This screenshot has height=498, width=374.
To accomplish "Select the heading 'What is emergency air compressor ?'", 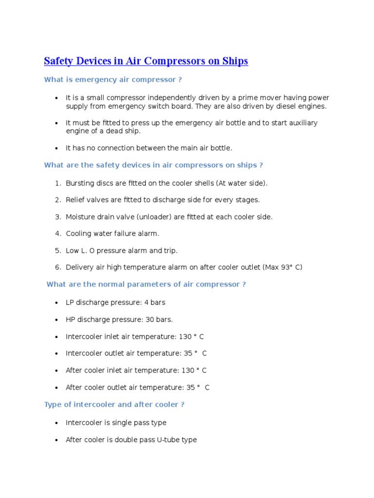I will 113,79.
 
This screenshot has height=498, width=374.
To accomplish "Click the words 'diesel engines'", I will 304,106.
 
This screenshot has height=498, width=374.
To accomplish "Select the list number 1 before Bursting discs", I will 57,183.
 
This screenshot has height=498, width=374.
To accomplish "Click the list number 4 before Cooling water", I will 57,234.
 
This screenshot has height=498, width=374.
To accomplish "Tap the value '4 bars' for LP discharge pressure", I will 155,302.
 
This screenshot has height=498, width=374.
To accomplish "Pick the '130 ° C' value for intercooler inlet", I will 190,337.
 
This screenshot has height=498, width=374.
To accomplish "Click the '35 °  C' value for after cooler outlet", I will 198,388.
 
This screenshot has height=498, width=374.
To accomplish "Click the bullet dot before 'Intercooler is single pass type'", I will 57,423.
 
